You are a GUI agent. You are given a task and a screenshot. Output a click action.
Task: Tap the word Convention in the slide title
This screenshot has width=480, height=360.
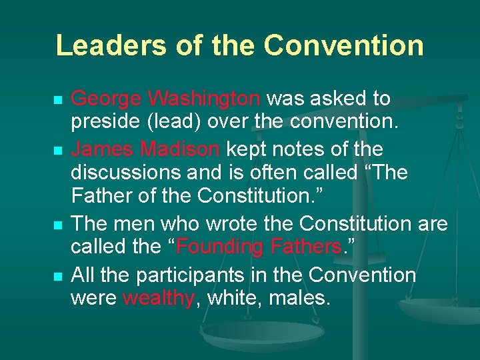pyautogui.click(x=343, y=45)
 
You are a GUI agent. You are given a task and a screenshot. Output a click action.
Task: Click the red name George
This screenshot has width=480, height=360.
pyautogui.click(x=107, y=99)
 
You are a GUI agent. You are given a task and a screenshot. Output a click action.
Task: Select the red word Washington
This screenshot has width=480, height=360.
pyautogui.click(x=205, y=99)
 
